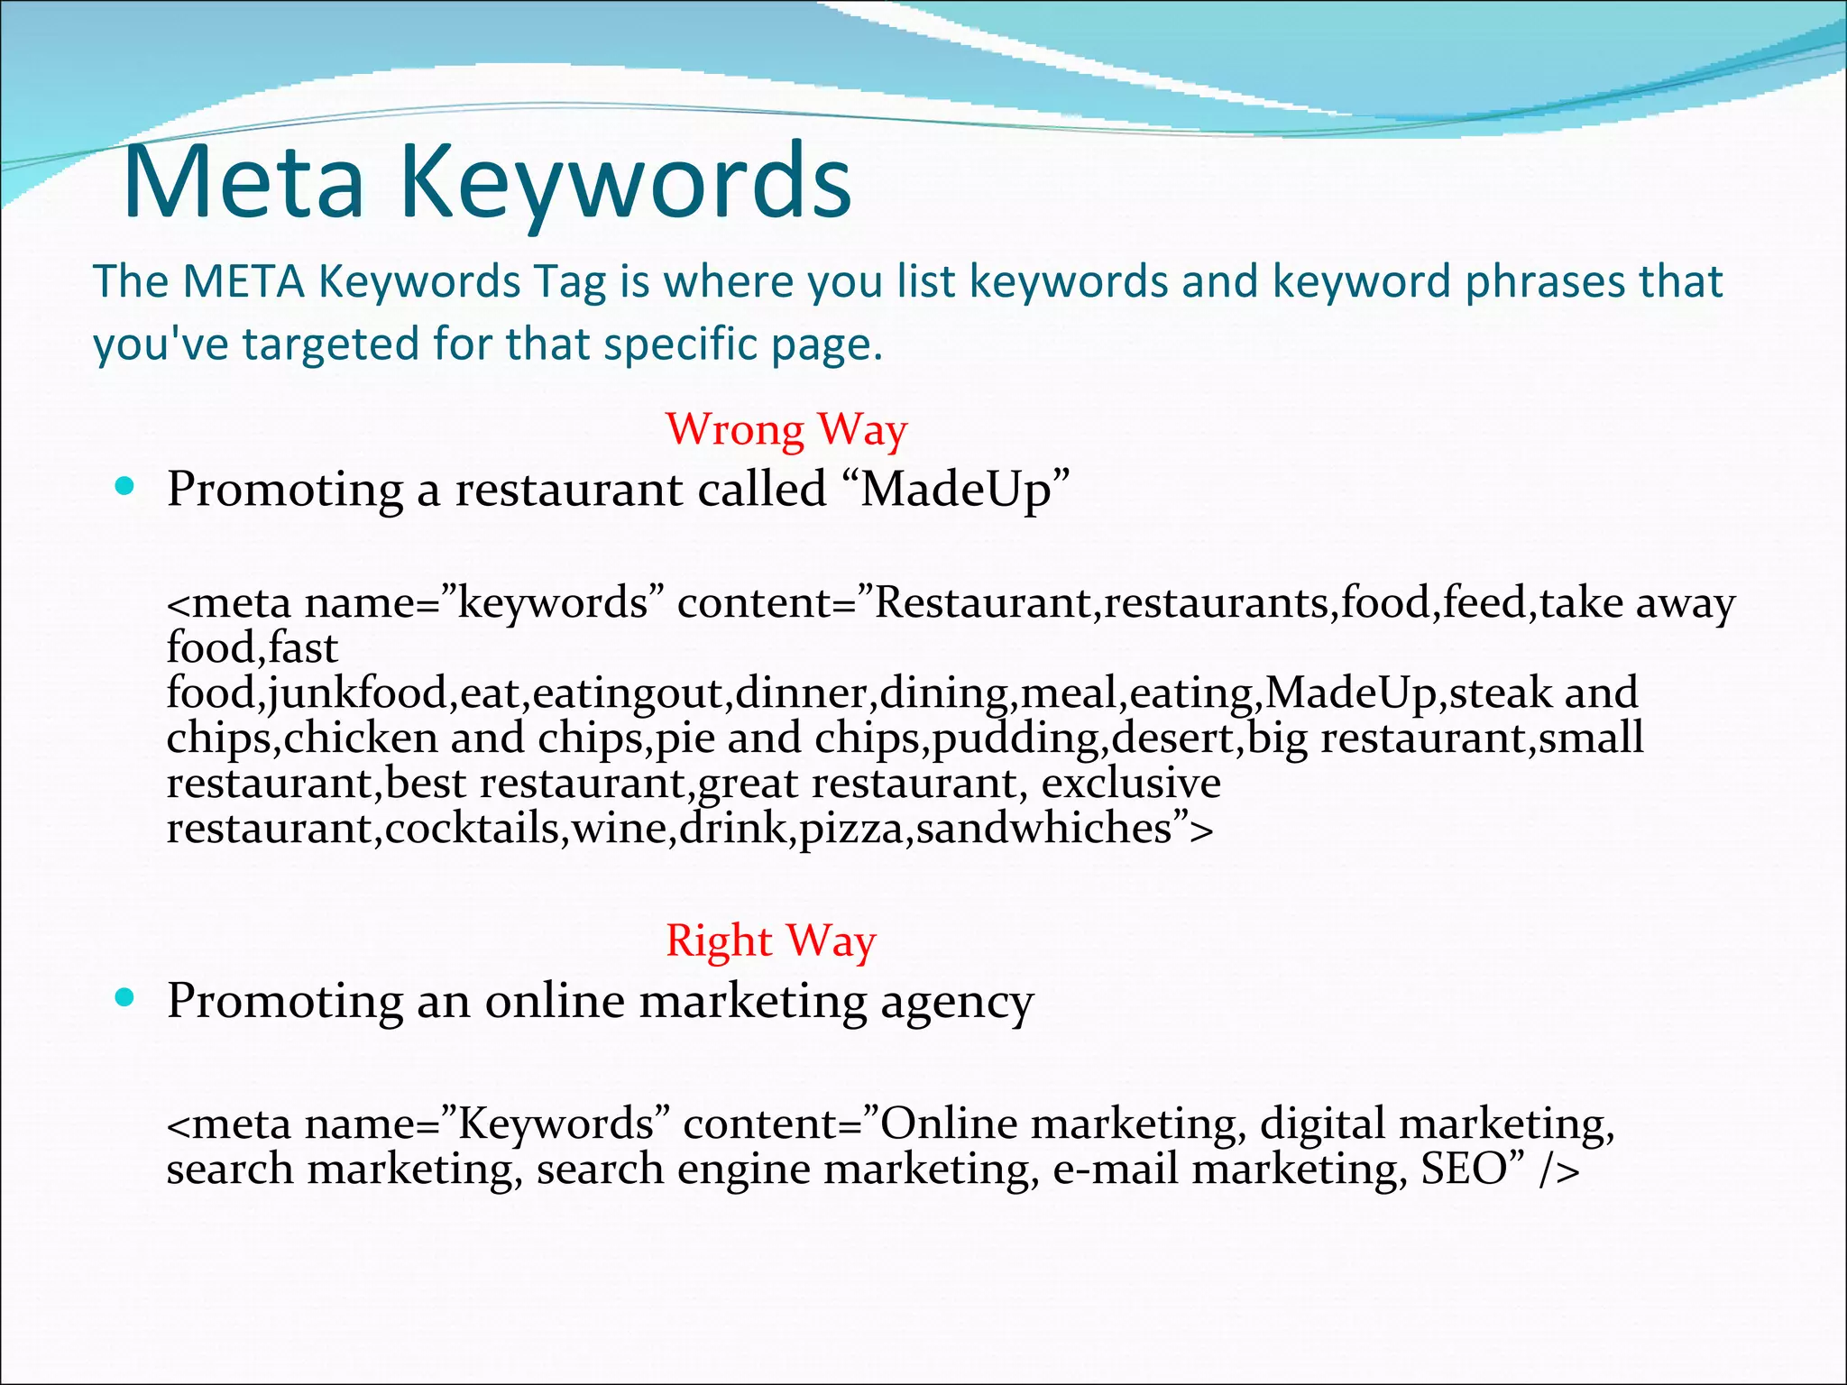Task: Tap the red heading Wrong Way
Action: point(786,429)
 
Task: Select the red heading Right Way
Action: point(771,940)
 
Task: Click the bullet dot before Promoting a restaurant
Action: point(125,488)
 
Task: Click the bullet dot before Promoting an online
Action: point(125,998)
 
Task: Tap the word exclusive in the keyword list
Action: point(1131,783)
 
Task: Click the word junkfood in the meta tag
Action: point(357,692)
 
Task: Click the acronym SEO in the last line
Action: point(1465,1169)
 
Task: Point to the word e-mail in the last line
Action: point(1116,1169)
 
